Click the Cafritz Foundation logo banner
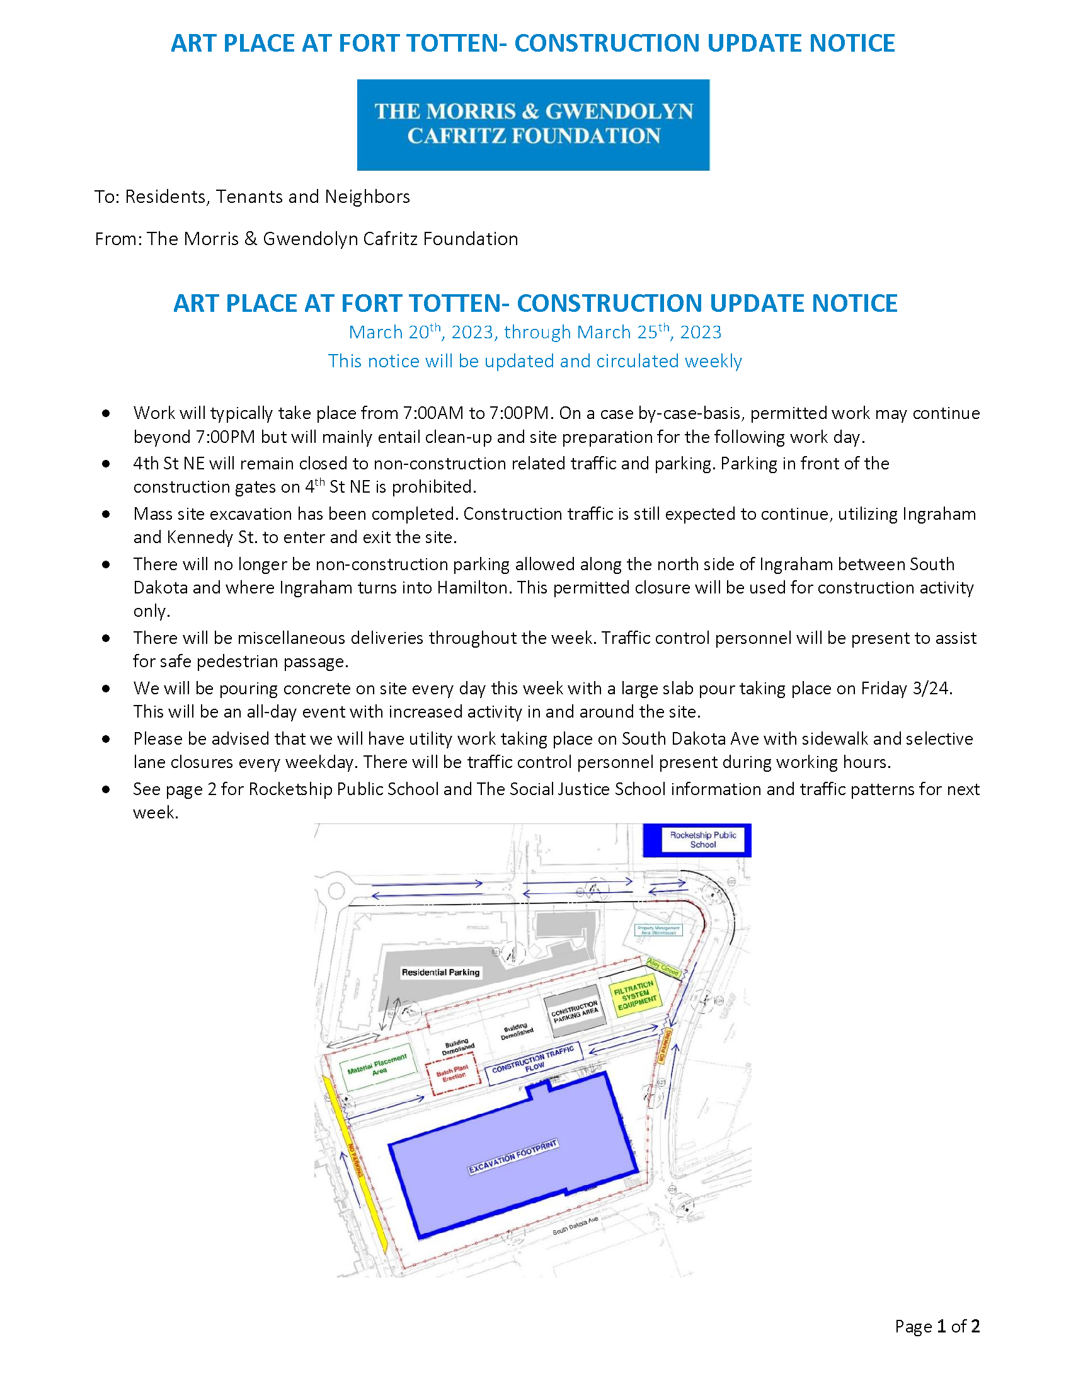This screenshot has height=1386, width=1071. pyautogui.click(x=533, y=124)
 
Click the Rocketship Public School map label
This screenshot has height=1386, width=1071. pyautogui.click(x=703, y=840)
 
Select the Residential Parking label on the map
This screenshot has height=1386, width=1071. pyautogui.click(x=440, y=972)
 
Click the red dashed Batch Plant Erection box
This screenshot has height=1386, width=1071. pyautogui.click(x=453, y=1074)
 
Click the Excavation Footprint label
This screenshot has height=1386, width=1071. pyautogui.click(x=513, y=1156)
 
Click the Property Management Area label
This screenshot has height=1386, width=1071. pyautogui.click(x=658, y=931)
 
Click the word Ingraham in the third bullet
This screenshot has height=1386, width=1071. pyautogui.click(x=939, y=514)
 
